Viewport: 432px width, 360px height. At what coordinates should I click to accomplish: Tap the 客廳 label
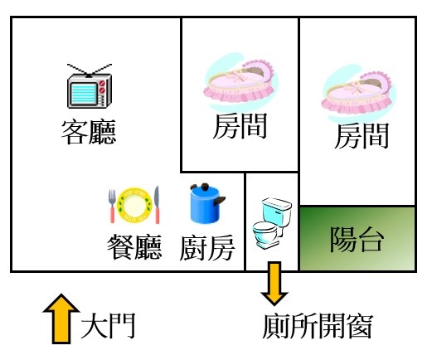[89, 132]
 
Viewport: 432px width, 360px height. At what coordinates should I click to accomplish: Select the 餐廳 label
[134, 246]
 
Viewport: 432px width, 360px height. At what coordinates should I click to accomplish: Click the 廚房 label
[207, 248]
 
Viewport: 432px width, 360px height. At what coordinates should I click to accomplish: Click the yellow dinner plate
[134, 205]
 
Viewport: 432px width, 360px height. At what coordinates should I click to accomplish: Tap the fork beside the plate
[112, 206]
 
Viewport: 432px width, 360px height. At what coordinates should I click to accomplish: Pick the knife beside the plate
[157, 205]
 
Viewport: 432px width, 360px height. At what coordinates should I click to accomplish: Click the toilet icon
[272, 223]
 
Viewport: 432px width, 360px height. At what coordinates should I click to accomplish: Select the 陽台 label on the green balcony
[357, 239]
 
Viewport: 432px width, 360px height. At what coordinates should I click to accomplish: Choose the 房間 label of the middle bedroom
[240, 126]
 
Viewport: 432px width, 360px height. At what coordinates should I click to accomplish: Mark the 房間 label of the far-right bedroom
[362, 136]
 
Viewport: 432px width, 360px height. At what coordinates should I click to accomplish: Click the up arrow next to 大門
[61, 319]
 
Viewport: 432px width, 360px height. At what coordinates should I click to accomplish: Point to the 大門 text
[108, 326]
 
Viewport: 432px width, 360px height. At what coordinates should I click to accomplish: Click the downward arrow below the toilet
[274, 284]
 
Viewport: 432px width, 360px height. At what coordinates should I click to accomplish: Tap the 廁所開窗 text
[318, 326]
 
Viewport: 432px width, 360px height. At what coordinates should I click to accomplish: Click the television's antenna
[90, 71]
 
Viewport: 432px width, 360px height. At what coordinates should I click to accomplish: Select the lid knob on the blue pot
[205, 187]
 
